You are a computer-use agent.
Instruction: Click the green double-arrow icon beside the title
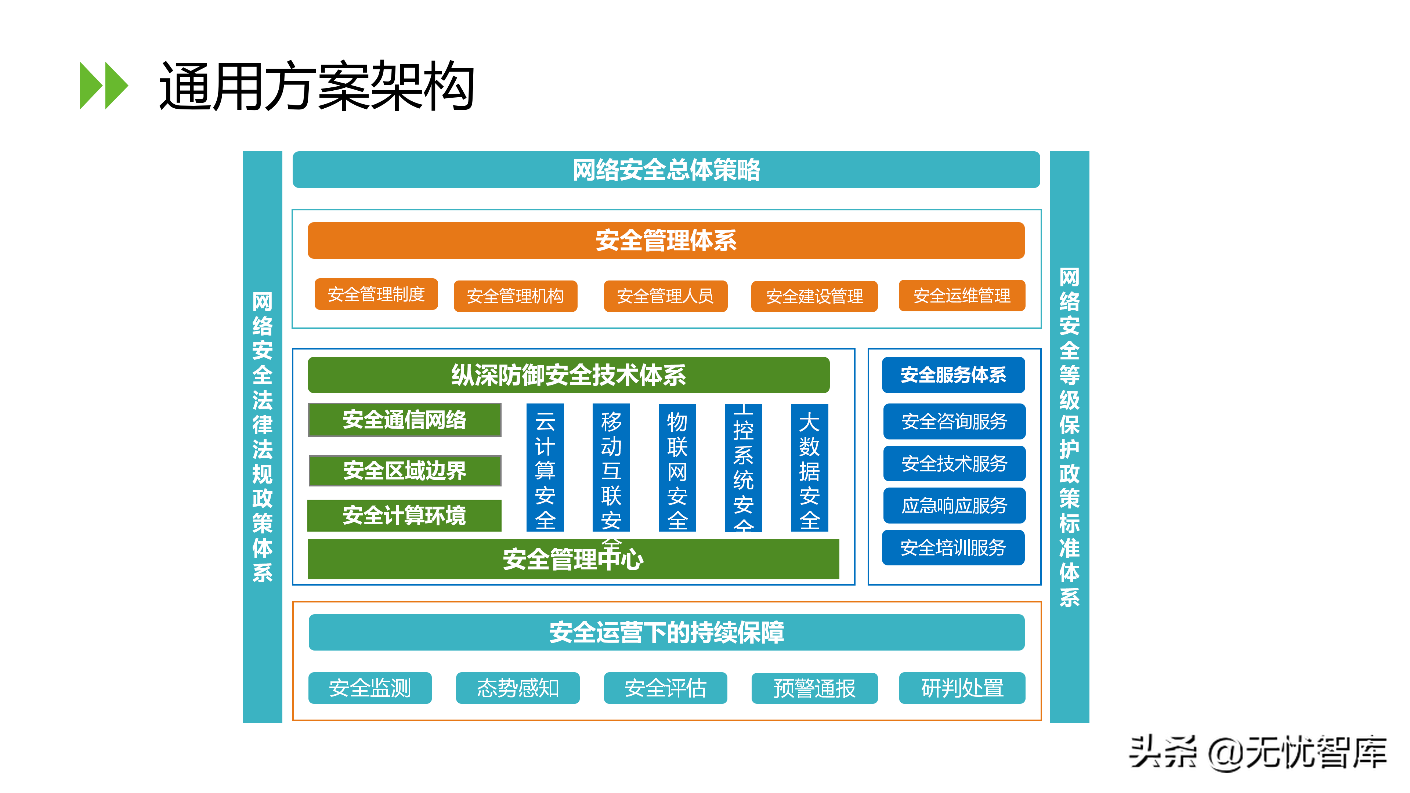pos(104,86)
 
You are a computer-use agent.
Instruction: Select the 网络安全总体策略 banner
pos(666,170)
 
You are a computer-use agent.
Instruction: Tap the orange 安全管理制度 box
pos(376,294)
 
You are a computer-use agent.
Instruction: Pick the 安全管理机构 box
pos(515,296)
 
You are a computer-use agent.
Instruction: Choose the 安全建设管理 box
pos(814,296)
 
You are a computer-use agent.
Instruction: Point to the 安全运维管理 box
pos(961,296)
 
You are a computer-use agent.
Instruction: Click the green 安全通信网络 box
pos(405,420)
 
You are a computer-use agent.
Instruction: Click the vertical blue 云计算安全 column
pos(545,467)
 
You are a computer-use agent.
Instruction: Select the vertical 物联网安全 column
pos(677,467)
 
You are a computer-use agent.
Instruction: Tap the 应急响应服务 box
pos(954,505)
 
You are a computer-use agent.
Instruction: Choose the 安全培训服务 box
pos(953,547)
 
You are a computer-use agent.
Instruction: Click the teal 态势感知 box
pos(517,688)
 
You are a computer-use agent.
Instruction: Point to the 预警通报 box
pos(814,688)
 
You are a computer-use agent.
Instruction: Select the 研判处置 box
pos(962,688)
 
